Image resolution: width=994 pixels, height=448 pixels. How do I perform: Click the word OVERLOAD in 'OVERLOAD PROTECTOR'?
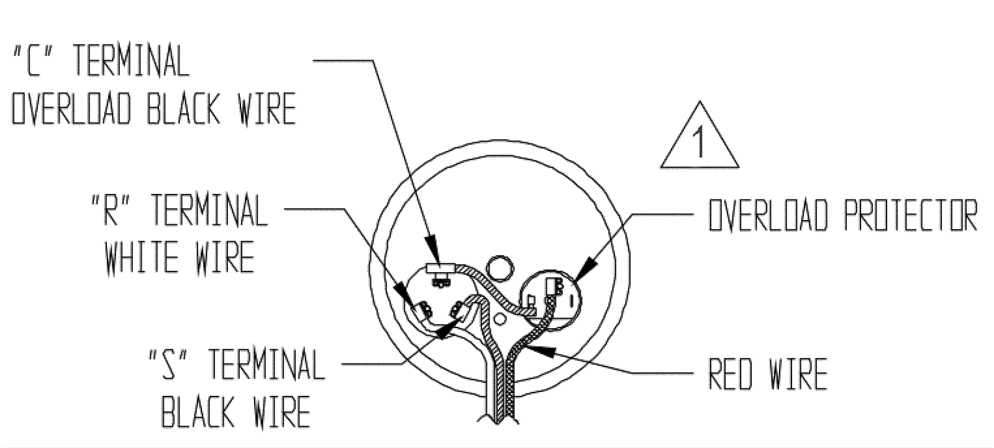coord(768,216)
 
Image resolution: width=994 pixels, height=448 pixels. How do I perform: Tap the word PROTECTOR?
coord(911,216)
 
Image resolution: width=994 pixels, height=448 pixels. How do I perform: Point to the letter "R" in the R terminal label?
coord(114,211)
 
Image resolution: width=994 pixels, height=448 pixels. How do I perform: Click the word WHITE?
coord(139,257)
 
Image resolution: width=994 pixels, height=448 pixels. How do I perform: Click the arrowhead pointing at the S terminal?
coord(442,333)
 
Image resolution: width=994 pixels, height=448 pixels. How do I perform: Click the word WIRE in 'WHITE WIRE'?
coord(224,257)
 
